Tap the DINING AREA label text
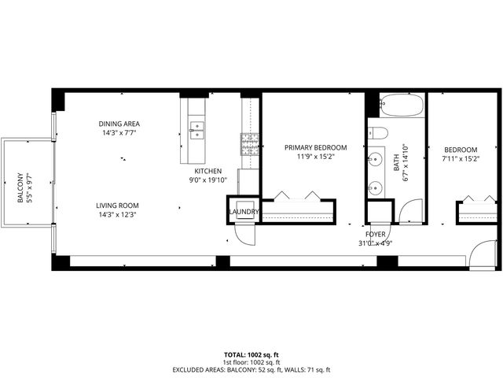pos(119,124)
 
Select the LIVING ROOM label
pos(119,205)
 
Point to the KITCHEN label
pos(208,171)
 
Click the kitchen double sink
pos(196,129)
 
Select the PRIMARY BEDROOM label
pos(316,146)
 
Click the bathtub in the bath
pos(402,105)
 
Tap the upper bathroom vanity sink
pos(374,159)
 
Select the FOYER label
pos(375,234)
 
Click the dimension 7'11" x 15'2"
pos(460,159)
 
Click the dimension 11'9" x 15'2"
pos(316,156)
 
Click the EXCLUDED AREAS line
pos(251,369)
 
